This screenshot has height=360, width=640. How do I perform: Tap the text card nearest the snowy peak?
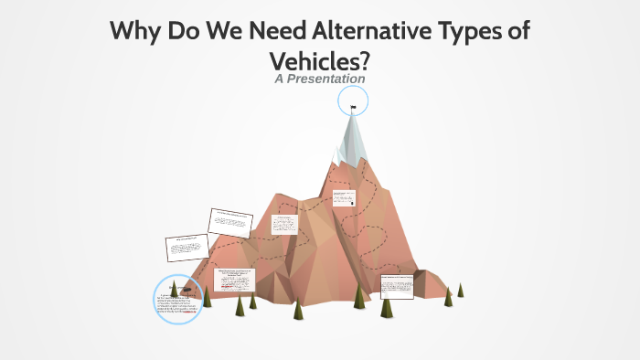[x=344, y=197]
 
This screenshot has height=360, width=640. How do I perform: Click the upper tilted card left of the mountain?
[x=230, y=221]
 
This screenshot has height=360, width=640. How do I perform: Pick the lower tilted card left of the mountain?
[x=187, y=247]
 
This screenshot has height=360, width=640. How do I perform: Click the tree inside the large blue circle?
[x=173, y=290]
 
